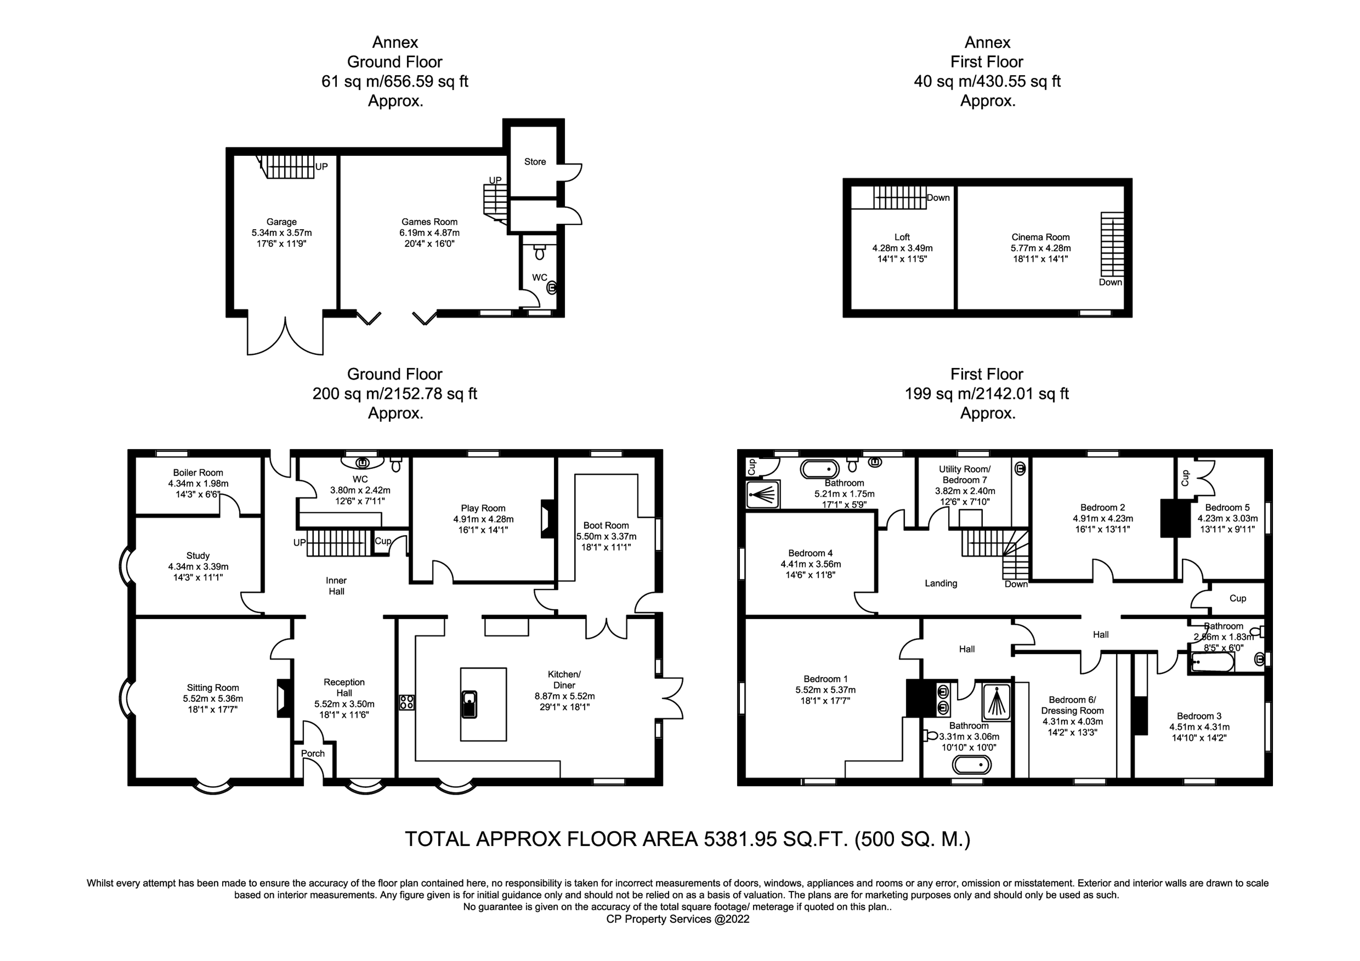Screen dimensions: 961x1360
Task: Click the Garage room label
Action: coord(282,222)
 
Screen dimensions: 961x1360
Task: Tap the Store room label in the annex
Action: coord(535,162)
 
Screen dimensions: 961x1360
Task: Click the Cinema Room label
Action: coord(1041,237)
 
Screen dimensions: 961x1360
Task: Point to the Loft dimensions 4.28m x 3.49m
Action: coord(902,248)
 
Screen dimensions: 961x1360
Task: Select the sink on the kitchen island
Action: coord(469,704)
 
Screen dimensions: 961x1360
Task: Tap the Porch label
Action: coord(313,753)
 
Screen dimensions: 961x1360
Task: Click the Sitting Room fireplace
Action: coord(284,699)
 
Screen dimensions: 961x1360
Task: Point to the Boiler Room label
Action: coord(198,473)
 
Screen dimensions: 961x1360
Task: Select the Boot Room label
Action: coord(606,525)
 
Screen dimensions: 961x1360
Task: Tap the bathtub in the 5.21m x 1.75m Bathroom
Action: coord(820,469)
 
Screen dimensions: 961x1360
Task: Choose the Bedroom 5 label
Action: coord(1227,507)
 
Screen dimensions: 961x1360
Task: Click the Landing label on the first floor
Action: coord(941,583)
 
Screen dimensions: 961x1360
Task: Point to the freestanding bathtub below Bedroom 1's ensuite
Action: coord(971,765)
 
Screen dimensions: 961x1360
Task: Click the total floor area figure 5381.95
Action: coord(740,839)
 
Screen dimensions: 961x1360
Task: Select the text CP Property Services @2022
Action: coord(678,919)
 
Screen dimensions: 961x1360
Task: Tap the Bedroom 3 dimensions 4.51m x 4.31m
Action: coord(1199,727)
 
